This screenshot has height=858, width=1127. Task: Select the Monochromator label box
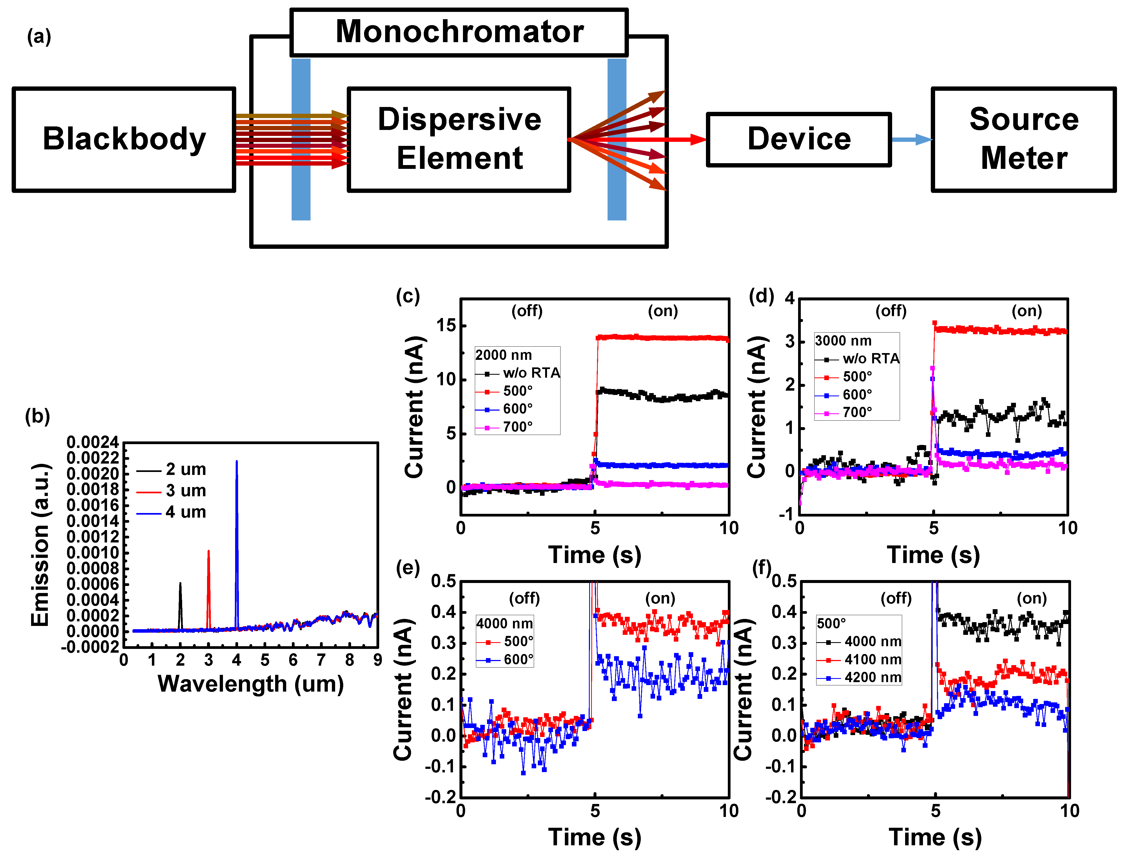(x=459, y=32)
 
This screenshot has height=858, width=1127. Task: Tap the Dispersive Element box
(x=459, y=139)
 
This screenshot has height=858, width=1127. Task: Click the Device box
(x=799, y=139)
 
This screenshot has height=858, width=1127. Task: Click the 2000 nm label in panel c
(x=503, y=355)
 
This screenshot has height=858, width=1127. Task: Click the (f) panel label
(x=762, y=568)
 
